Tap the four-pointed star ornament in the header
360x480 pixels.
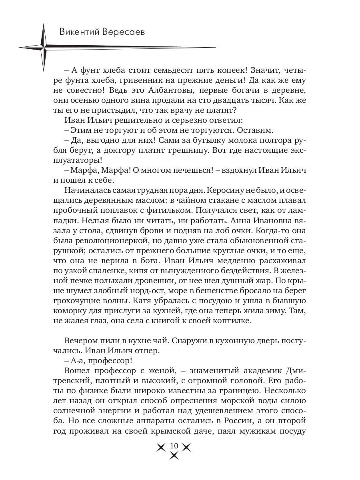tap(42, 47)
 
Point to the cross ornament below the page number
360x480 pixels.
tap(174, 456)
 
